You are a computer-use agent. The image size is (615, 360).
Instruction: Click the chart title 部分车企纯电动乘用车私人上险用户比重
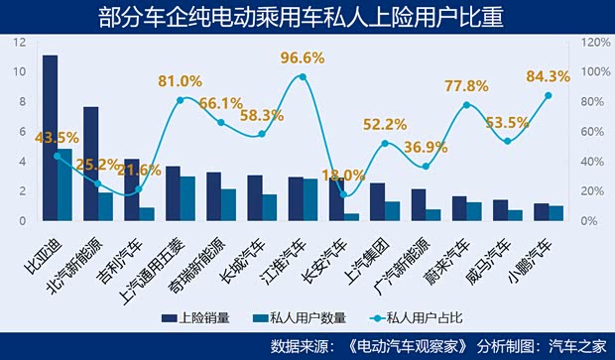pyautogui.click(x=307, y=17)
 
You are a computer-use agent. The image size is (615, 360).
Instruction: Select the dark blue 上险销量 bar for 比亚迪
pyautogui.click(x=50, y=138)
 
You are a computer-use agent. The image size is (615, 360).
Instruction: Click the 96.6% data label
pyautogui.click(x=303, y=58)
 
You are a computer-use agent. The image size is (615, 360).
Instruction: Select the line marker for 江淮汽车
pyautogui.click(x=303, y=76)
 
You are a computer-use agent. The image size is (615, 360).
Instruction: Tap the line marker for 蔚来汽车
pyautogui.click(x=466, y=104)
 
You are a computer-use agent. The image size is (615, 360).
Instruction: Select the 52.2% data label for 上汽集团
pyautogui.click(x=385, y=124)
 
